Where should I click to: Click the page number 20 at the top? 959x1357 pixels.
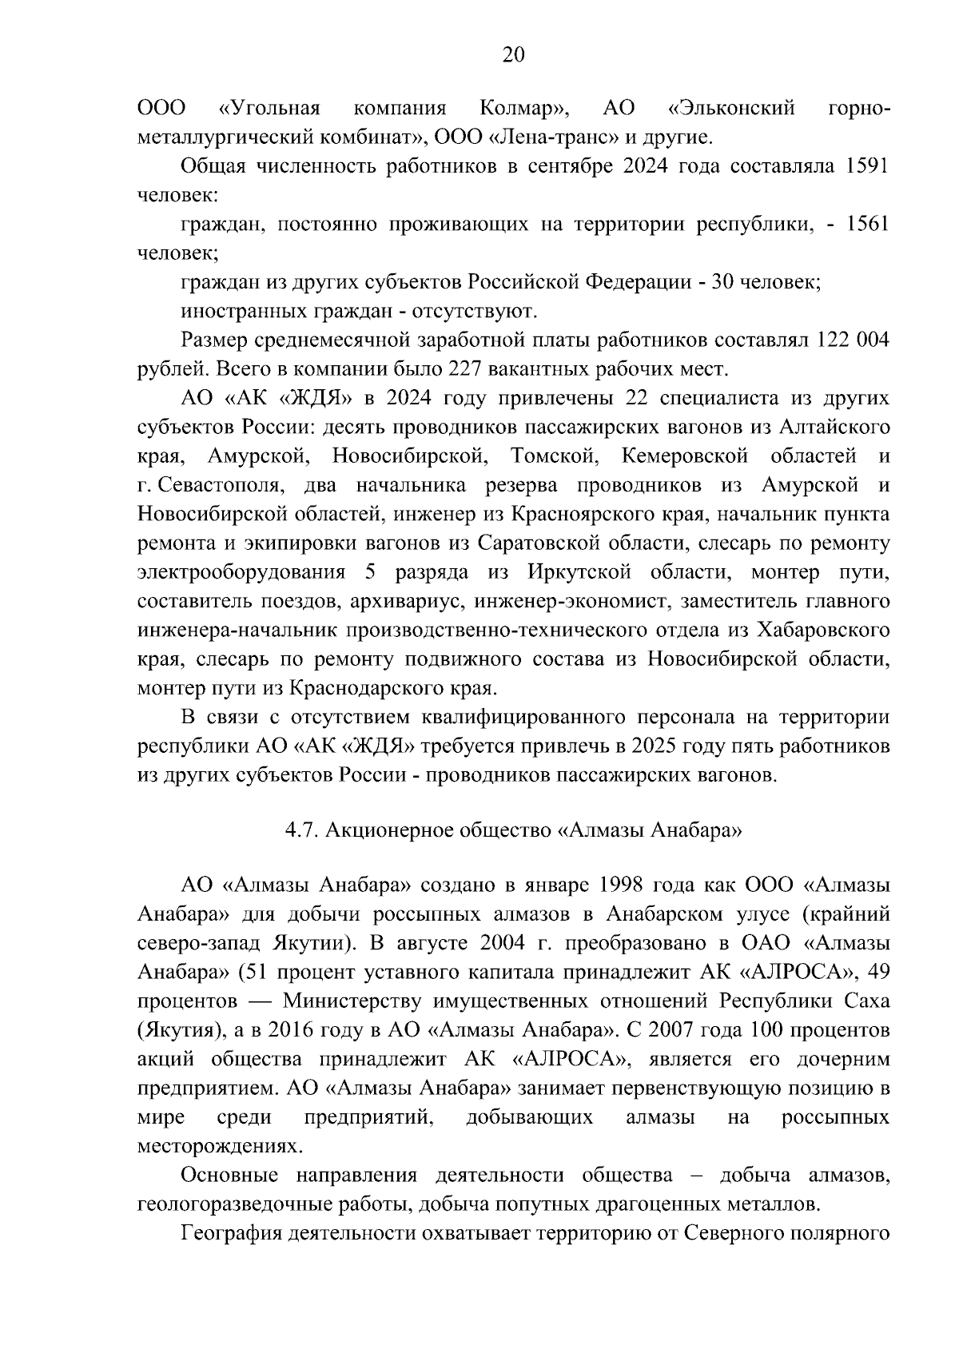point(512,54)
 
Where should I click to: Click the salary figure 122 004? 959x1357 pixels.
point(852,340)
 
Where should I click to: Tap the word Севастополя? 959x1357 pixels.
point(218,485)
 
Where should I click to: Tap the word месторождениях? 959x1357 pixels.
point(221,1146)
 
